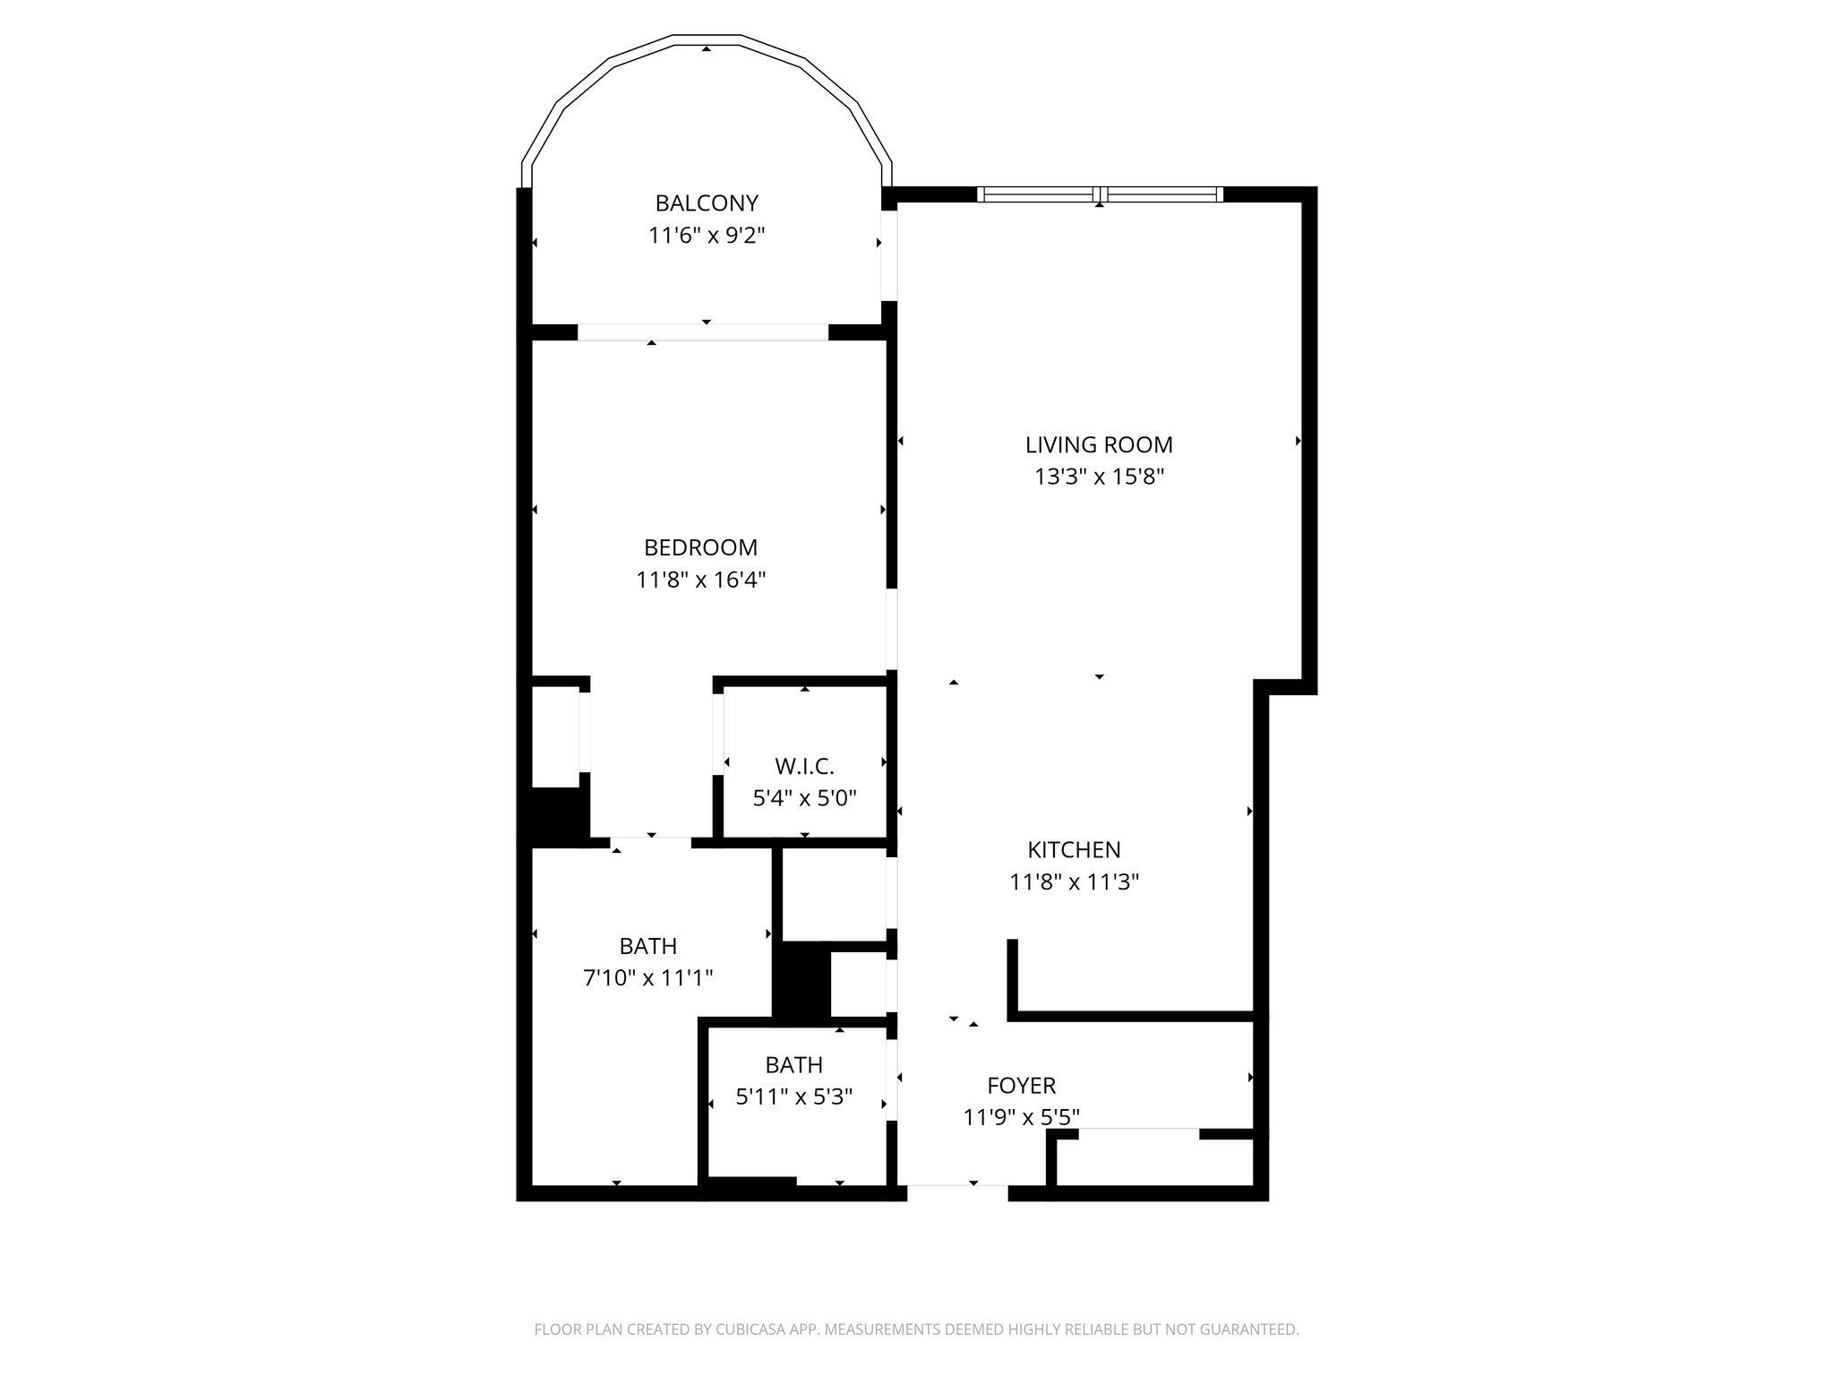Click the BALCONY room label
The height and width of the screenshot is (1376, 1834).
point(707,202)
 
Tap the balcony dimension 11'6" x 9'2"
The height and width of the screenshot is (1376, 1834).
point(707,236)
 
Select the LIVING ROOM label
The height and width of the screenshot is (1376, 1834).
point(1099,444)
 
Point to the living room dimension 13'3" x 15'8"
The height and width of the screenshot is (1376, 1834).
point(1099,477)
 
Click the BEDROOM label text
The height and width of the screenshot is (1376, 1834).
point(700,546)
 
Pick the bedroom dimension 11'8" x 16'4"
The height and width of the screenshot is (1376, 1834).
point(700,580)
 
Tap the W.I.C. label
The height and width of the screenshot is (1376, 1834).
point(804,766)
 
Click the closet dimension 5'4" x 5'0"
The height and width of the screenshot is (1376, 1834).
point(804,797)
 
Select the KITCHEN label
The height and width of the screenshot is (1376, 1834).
point(1074,849)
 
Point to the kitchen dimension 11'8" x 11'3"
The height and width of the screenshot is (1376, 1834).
point(1074,882)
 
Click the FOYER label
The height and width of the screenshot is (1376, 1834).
point(1021,1086)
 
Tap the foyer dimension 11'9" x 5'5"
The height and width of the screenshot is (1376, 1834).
point(1021,1117)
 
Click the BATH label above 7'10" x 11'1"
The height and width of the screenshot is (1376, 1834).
point(647,946)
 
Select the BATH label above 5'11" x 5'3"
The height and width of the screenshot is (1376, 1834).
point(793,1064)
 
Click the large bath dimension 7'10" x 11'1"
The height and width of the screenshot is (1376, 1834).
point(647,977)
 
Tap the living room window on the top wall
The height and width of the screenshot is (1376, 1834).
point(1099,193)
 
